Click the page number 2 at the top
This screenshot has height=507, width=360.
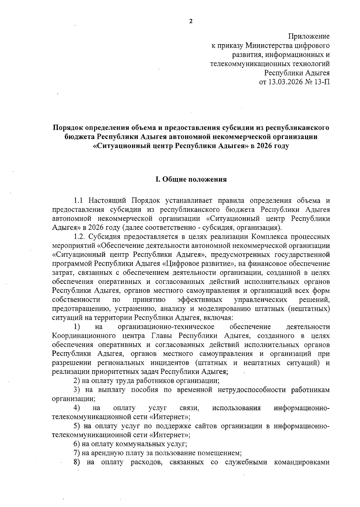(x=190, y=21)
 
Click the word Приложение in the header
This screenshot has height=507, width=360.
(x=309, y=37)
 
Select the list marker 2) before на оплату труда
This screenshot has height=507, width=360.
(x=77, y=381)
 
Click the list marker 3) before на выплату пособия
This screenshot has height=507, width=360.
(x=77, y=390)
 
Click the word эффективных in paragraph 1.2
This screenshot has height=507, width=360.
(x=200, y=300)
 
